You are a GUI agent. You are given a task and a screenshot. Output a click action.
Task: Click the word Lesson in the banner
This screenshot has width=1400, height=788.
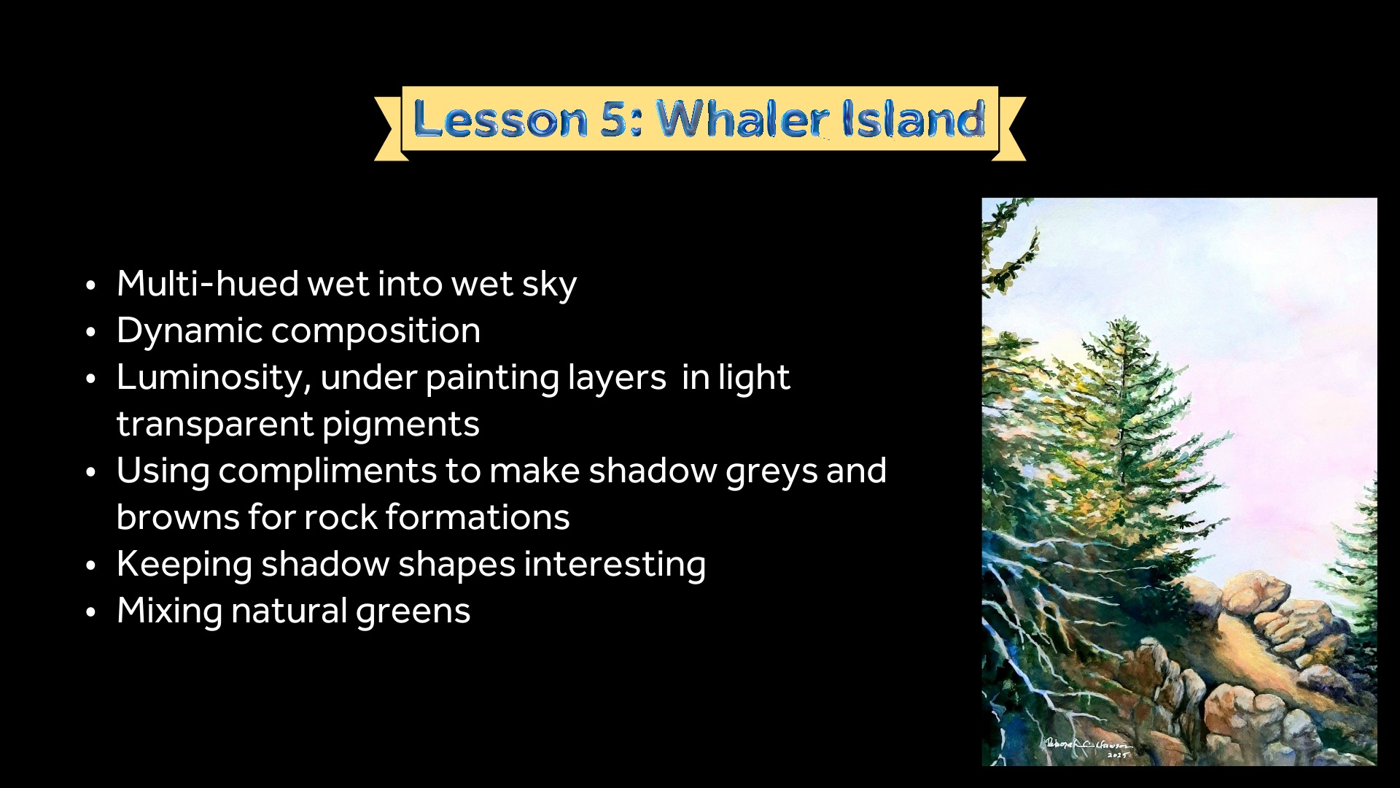501,119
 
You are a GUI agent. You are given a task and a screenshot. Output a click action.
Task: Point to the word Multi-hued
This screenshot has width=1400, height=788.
208,283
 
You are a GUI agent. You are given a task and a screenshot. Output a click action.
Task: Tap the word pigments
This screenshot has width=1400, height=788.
400,424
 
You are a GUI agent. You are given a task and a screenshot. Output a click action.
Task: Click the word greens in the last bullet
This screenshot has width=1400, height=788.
413,611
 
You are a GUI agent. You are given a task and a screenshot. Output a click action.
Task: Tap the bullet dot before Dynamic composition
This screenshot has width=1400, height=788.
90,332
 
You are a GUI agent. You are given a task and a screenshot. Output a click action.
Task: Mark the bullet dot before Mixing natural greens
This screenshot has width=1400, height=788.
90,612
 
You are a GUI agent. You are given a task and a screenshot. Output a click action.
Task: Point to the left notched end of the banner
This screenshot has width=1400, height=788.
389,128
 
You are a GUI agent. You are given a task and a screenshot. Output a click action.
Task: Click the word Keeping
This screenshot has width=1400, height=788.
184,565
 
